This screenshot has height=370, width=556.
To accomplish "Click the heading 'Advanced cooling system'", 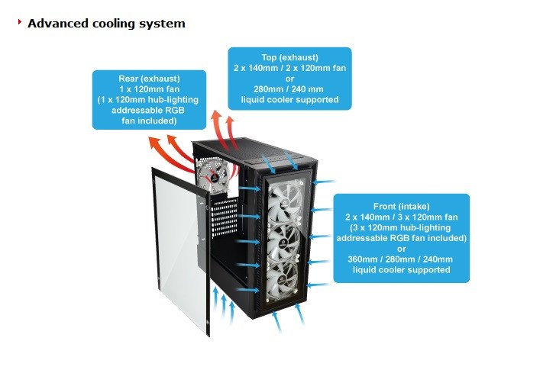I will pyautogui.click(x=106, y=23).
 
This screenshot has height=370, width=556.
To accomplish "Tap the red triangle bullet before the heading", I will pyautogui.click(x=19, y=23).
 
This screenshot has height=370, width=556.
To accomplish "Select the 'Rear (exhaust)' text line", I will pyautogui.click(x=149, y=79).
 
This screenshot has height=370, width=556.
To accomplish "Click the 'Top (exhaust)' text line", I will pyautogui.click(x=289, y=56).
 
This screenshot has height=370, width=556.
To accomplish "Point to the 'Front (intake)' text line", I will pyautogui.click(x=401, y=206).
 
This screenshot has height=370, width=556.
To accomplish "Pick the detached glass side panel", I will pyautogui.click(x=180, y=252).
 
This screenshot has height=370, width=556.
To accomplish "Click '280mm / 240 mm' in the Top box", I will pyautogui.click(x=289, y=88).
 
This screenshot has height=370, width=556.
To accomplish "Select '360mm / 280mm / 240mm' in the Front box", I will pyautogui.click(x=401, y=259).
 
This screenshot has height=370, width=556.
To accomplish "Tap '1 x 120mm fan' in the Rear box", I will pyautogui.click(x=149, y=89).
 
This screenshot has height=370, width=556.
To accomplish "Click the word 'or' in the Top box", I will pyautogui.click(x=289, y=78).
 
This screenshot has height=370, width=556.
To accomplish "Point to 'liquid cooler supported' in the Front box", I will pyautogui.click(x=401, y=269).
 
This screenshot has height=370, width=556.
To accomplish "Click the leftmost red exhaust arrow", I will pyautogui.click(x=160, y=144).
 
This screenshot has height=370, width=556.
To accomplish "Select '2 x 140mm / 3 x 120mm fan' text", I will pyautogui.click(x=401, y=217).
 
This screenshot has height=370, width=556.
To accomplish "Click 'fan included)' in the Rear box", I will pyautogui.click(x=149, y=121).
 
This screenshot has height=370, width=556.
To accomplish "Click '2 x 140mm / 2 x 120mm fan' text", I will pyautogui.click(x=289, y=67).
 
